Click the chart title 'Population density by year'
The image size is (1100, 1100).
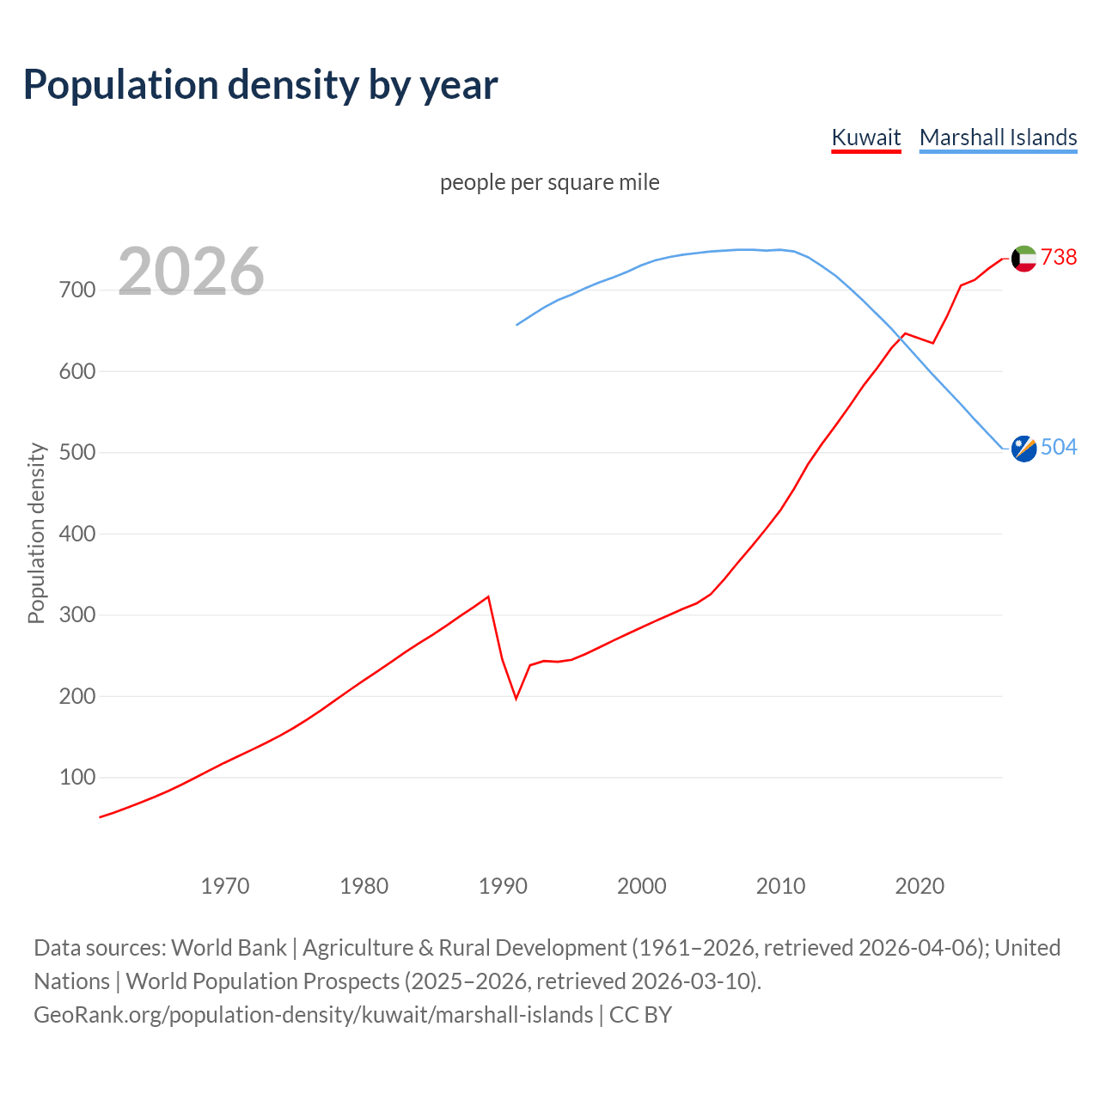click(260, 85)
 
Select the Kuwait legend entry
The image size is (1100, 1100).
click(865, 137)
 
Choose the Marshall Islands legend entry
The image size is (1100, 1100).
click(998, 137)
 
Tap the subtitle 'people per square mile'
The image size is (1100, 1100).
click(549, 182)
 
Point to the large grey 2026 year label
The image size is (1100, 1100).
click(191, 272)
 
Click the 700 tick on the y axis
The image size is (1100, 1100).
click(76, 290)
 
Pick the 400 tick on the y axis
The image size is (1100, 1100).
click(76, 534)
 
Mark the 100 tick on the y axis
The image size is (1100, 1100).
click(76, 778)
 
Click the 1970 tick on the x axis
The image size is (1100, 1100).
click(225, 886)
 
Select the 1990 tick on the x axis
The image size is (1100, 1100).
click(503, 886)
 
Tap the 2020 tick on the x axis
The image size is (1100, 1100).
click(920, 886)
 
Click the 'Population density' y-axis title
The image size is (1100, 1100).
click(36, 533)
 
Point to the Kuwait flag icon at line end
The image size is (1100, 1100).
click(1024, 258)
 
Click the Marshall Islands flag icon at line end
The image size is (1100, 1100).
click(1024, 448)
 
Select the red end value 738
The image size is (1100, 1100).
click(1059, 257)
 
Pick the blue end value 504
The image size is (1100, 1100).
click(1059, 447)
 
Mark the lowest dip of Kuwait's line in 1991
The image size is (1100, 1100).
click(516, 698)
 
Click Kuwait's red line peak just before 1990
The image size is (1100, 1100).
click(488, 596)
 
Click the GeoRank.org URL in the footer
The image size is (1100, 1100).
click(314, 1015)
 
